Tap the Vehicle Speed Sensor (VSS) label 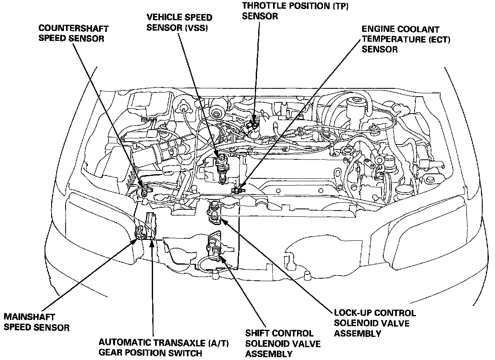click(x=179, y=23)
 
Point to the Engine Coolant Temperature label click(x=400, y=39)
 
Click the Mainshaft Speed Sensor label click(x=36, y=322)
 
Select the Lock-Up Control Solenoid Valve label click(x=375, y=323)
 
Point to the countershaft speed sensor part click(x=144, y=191)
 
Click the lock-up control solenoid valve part click(x=215, y=211)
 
